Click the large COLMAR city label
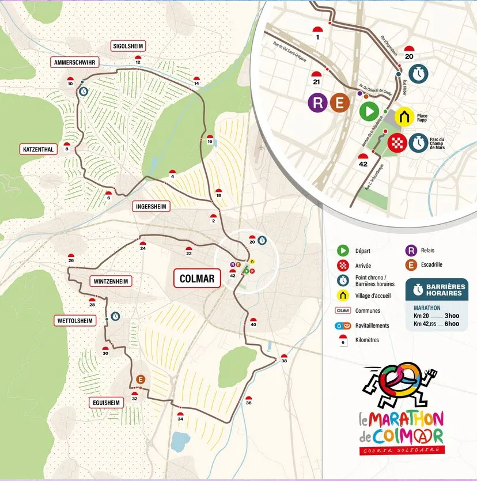197,279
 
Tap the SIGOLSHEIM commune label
128,46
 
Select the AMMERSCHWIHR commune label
74,62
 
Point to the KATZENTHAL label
39,150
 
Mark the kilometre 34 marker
180,417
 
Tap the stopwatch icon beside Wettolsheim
115,316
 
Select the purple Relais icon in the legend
411,251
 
